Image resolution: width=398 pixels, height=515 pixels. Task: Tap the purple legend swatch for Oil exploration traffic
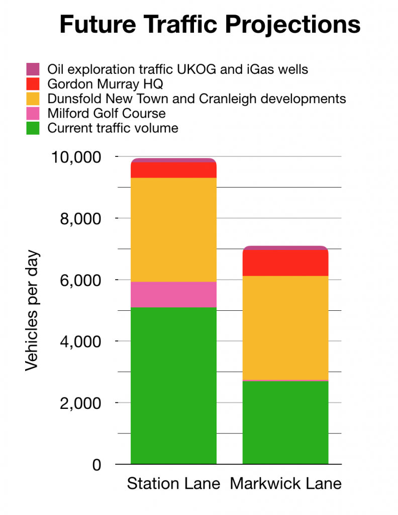point(33,69)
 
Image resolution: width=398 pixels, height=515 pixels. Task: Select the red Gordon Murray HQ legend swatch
point(33,84)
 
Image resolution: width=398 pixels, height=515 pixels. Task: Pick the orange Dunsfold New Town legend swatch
point(33,99)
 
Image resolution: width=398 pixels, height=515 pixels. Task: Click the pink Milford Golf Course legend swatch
point(33,114)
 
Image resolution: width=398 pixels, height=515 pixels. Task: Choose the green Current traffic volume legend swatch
point(33,128)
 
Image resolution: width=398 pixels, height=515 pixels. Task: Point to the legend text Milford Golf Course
point(107,114)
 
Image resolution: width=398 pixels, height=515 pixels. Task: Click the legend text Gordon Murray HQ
point(105,84)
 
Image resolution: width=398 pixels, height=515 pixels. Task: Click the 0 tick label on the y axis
point(96,465)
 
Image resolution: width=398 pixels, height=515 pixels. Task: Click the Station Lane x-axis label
point(173,484)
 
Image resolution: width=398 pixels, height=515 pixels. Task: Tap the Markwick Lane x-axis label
point(285,484)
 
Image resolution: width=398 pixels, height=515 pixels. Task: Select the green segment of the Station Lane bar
point(173,385)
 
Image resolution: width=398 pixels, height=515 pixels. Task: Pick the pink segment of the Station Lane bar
point(173,294)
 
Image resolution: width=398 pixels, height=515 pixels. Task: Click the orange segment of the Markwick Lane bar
point(285,327)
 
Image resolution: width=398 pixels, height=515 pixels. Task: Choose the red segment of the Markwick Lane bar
point(285,263)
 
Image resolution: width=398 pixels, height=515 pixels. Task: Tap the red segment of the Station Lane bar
point(173,170)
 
